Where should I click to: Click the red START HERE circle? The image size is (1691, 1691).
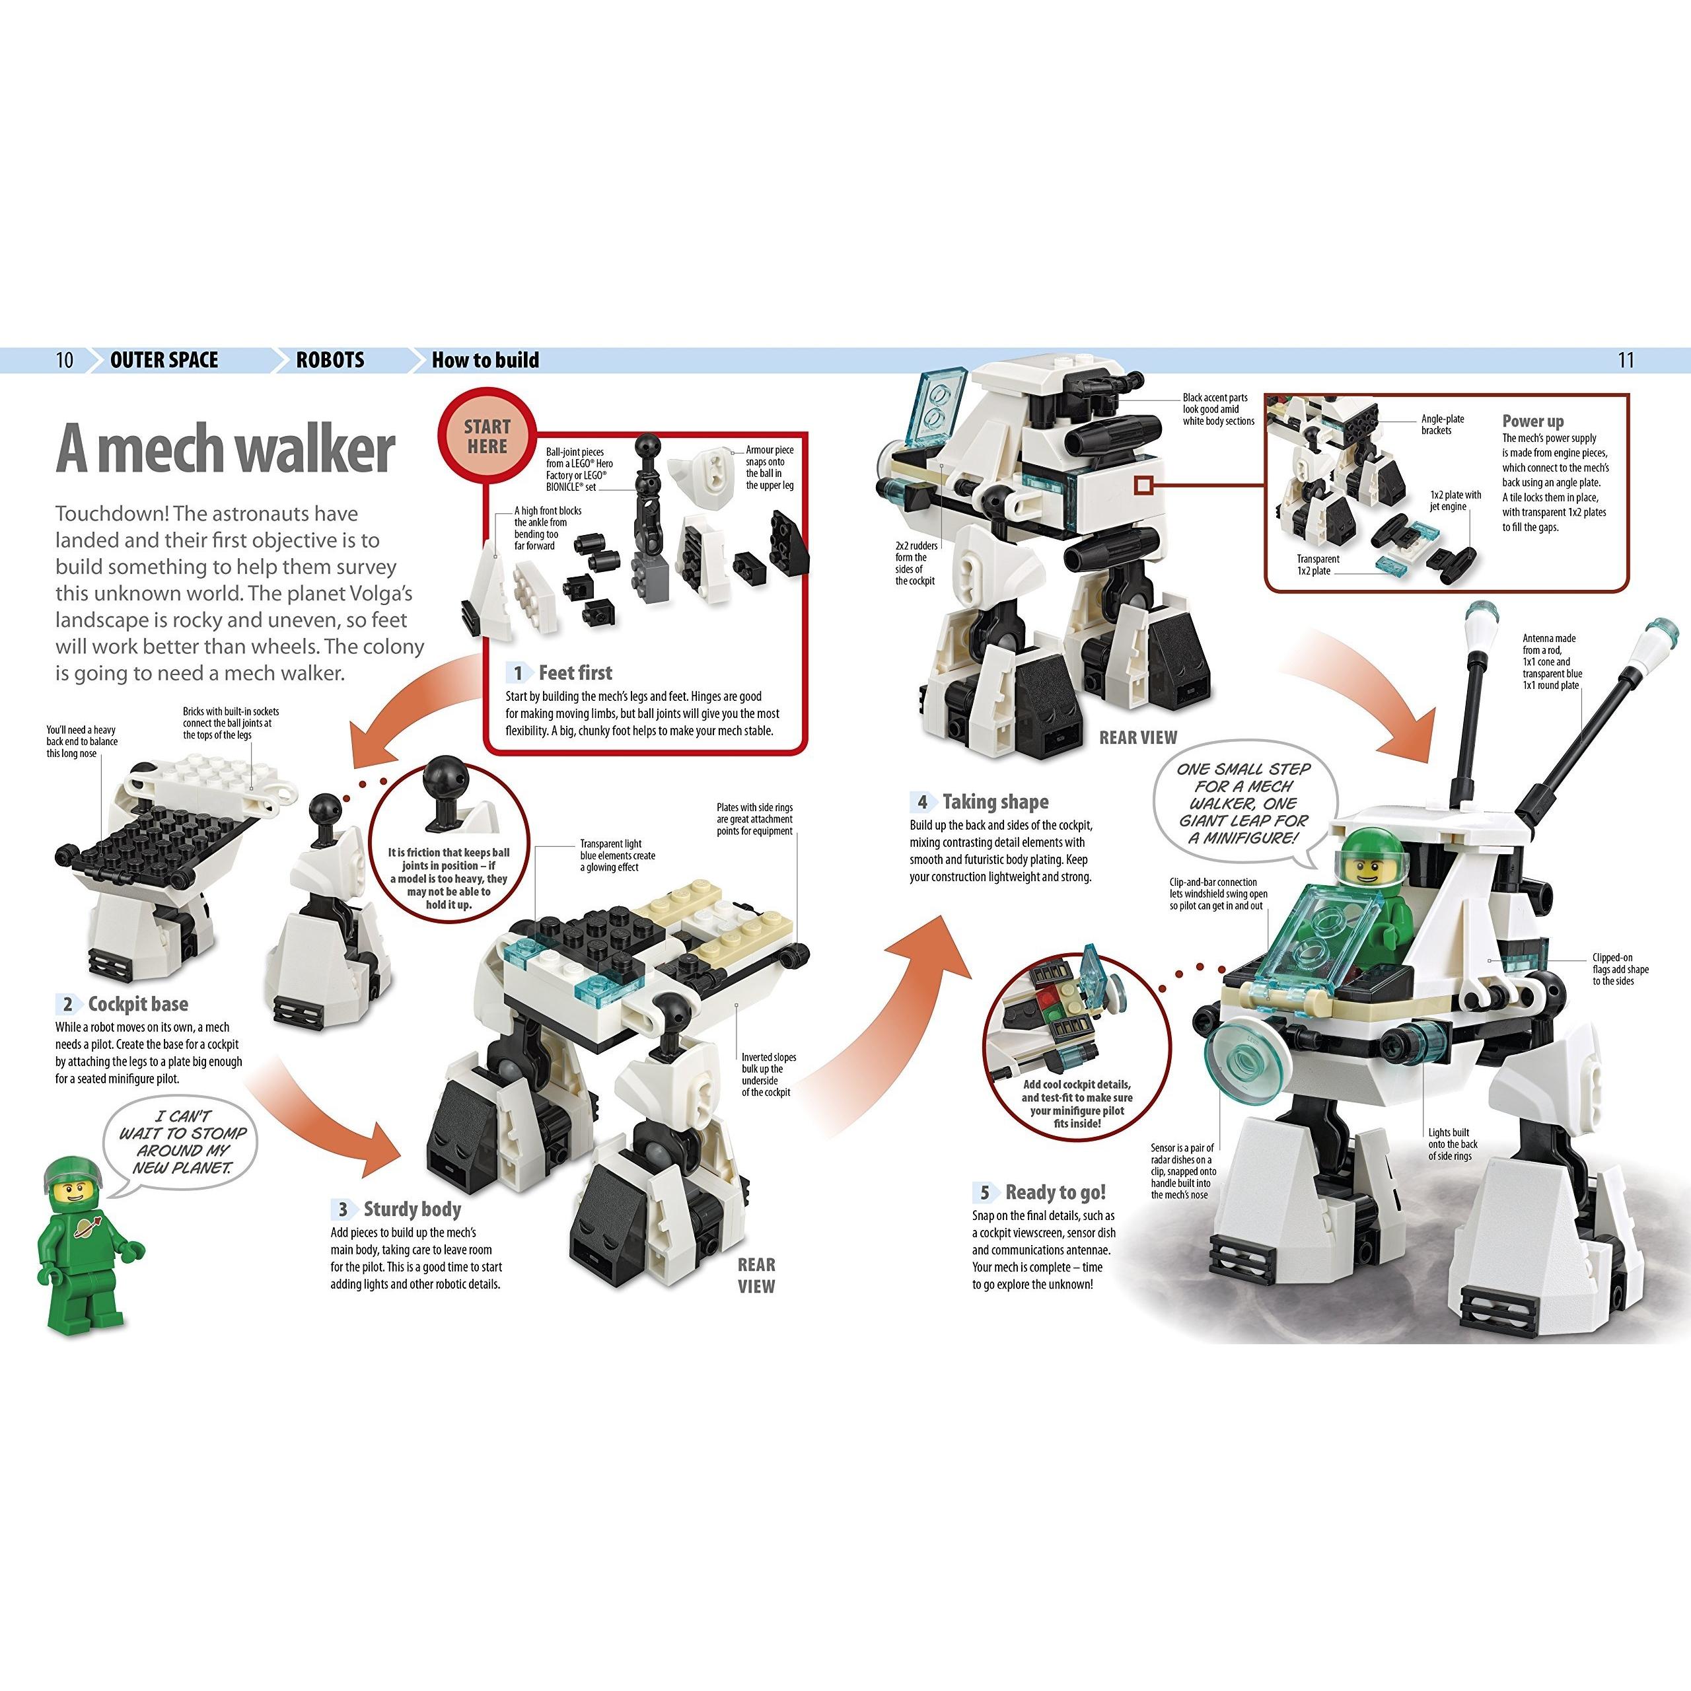pos(487,435)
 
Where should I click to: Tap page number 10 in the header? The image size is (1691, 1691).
pos(65,360)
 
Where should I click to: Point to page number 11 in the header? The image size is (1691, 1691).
pos(1626,360)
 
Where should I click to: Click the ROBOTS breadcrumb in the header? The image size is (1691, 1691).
pos(330,360)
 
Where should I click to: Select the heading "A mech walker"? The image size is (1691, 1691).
pos(225,449)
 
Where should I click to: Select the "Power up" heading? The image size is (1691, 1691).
pos(1532,421)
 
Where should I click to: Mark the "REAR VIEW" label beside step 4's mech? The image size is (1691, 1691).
pos(1138,738)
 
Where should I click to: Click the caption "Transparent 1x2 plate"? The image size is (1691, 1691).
pos(1318,565)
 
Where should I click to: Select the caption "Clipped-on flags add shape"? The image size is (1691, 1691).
pos(1620,969)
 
